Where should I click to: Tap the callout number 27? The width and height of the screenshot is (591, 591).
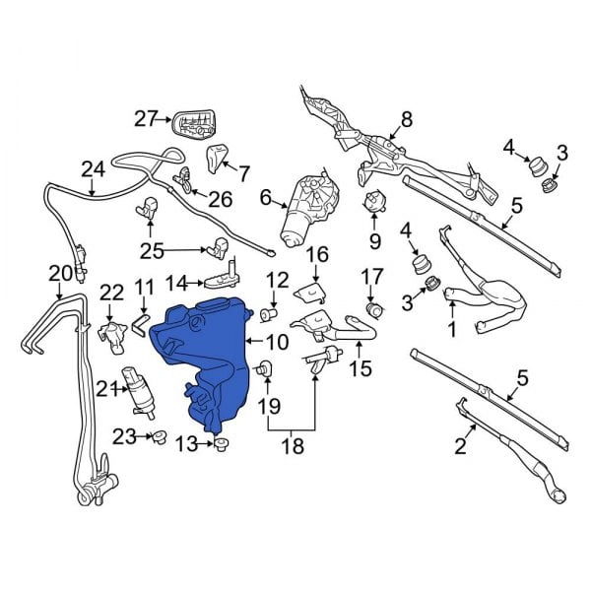pyautogui.click(x=146, y=119)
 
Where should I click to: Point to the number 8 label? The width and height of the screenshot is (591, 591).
pyautogui.click(x=404, y=121)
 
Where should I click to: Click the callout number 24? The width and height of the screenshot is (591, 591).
pyautogui.click(x=93, y=169)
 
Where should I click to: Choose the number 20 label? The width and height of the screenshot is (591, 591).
pyautogui.click(x=59, y=272)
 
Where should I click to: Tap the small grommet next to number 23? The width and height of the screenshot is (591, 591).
pyautogui.click(x=157, y=437)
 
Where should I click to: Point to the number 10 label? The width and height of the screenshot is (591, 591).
pyautogui.click(x=276, y=343)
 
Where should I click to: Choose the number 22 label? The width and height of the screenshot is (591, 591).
pyautogui.click(x=111, y=292)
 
